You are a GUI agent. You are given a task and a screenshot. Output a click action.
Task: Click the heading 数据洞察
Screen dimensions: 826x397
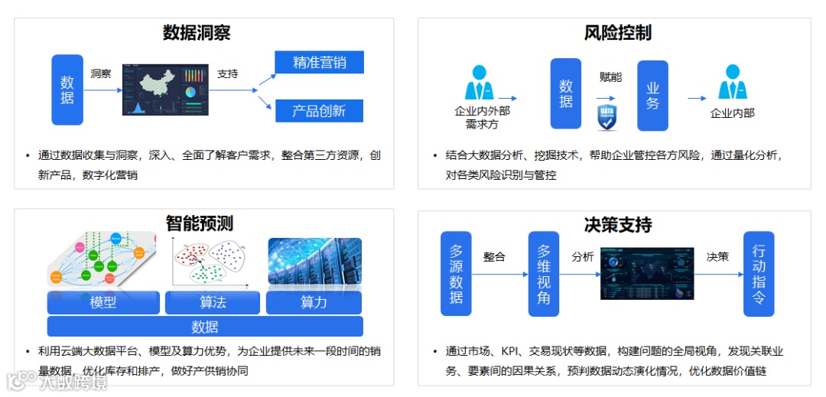point(197,33)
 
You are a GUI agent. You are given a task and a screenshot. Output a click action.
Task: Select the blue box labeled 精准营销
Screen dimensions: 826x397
point(319,63)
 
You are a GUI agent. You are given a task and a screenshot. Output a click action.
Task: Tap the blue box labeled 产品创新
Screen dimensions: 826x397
point(319,111)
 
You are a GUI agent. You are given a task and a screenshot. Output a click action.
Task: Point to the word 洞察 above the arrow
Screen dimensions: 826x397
point(101,74)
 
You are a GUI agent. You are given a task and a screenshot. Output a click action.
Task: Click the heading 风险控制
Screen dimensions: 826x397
point(617,33)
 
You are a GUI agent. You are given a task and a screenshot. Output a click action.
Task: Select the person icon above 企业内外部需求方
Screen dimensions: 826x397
point(479,83)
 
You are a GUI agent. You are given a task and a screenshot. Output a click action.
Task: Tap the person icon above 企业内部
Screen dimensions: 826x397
point(732,83)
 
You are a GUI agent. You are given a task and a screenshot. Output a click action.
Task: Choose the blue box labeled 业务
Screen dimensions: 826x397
point(652,96)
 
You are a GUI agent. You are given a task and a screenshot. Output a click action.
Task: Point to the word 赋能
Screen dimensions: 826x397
point(610,76)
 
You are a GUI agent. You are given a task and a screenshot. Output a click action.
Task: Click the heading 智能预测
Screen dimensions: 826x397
point(199,223)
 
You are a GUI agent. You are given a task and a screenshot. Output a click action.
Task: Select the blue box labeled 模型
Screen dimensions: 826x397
point(103,303)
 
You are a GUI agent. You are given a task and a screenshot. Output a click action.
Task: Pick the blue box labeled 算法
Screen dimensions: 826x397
point(213,303)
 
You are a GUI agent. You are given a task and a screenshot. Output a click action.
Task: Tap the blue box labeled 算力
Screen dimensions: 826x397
point(314,303)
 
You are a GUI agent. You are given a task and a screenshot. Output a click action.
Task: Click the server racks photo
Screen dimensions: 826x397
point(314,262)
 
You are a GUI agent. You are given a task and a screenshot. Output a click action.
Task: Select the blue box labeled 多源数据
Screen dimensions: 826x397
point(456,274)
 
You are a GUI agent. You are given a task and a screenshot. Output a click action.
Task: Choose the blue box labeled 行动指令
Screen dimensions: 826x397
point(759,274)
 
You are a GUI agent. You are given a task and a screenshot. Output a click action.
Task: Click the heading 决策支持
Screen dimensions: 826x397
point(617,225)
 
